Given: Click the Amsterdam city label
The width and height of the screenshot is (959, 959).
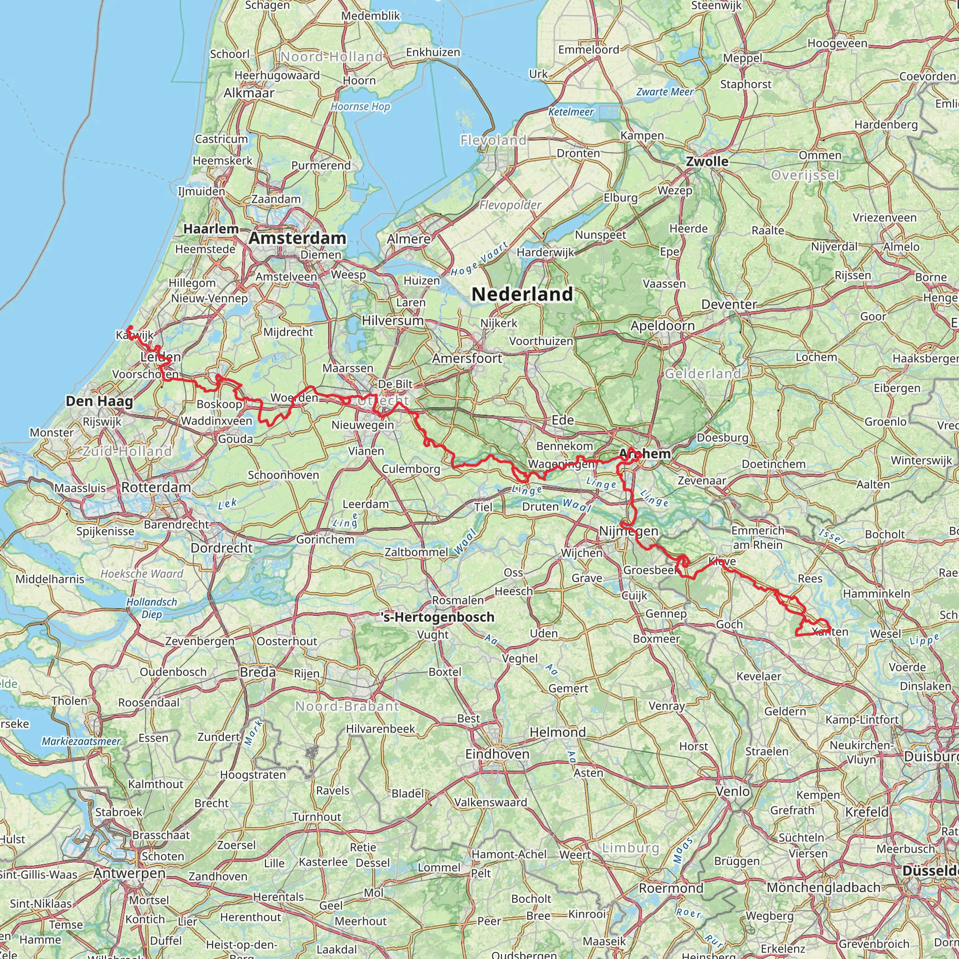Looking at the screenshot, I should coord(297,238).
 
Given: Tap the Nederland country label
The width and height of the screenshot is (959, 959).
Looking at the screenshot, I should coord(522,294).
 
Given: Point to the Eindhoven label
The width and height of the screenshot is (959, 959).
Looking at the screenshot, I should coord(497,754).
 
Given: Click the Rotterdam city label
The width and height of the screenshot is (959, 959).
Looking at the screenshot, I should coord(156,487).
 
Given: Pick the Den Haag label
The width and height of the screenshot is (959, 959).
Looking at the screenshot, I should coord(99,401).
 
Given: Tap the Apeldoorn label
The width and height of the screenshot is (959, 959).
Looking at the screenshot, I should coord(663,326).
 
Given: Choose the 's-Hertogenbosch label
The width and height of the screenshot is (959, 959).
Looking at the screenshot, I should coord(438,617).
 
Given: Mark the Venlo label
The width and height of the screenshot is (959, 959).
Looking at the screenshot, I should coord(733,791).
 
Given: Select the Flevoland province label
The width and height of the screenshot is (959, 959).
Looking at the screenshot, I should coord(493,140).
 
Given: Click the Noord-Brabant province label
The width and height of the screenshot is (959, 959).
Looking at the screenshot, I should coord(347,706).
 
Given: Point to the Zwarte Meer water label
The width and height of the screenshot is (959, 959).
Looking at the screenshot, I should coord(664,92).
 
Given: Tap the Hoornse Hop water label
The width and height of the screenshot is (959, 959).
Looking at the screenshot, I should coord(361,106).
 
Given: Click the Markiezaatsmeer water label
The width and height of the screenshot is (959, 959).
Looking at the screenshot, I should coord(81,742).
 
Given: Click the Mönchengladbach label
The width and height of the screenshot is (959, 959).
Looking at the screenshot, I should coord(824,887).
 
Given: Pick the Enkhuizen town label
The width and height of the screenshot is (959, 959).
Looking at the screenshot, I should coord(433,52).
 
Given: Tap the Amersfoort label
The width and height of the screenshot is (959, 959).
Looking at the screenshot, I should coord(467,358).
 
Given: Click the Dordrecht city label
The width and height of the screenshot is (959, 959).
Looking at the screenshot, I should coord(222,548).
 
